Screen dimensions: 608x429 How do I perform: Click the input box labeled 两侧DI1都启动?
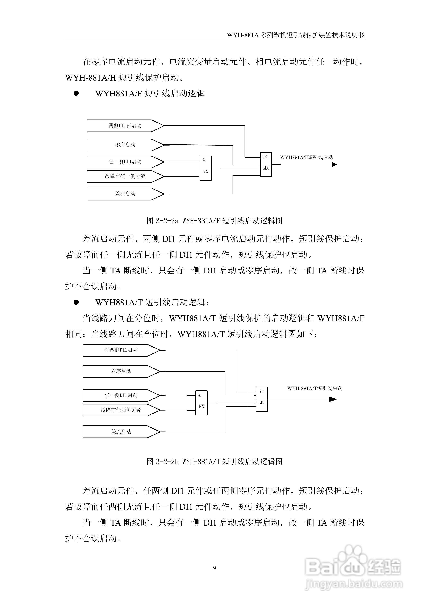(125, 126)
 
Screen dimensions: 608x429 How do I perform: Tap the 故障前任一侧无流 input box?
(125, 176)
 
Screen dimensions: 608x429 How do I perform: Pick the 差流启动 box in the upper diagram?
(125, 194)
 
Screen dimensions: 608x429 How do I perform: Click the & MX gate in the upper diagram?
(205, 168)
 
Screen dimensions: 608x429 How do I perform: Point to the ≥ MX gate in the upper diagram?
(266, 164)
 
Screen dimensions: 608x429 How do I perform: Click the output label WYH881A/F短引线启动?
(307, 157)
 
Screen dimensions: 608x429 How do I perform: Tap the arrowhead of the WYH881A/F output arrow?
(334, 164)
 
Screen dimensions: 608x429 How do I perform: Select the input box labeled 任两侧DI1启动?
(121, 350)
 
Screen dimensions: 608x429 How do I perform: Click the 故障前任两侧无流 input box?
(121, 410)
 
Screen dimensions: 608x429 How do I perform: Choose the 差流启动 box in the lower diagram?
(121, 432)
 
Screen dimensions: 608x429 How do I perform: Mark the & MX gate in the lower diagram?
(201, 403)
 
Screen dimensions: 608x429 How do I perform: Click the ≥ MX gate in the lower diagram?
(262, 399)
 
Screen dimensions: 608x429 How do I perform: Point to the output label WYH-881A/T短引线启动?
(315, 388)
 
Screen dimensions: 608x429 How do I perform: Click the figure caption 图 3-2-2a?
(214, 221)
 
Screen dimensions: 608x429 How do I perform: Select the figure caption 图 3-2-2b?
(214, 462)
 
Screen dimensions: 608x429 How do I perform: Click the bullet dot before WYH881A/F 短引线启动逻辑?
(76, 94)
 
